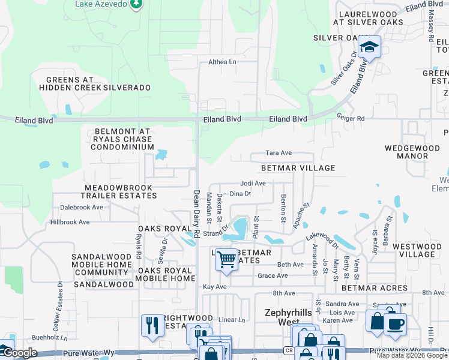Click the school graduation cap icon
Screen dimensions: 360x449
(x=370, y=47)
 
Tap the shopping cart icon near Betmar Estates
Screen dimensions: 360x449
(x=227, y=260)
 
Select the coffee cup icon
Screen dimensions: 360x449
(x=394, y=324)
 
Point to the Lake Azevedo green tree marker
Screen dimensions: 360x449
(x=137, y=4)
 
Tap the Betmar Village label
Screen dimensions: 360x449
(x=298, y=169)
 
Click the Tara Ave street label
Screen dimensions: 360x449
(x=279, y=153)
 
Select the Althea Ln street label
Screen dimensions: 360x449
(x=222, y=62)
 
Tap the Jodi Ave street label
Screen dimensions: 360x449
(x=253, y=183)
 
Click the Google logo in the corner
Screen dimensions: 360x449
(x=20, y=353)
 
